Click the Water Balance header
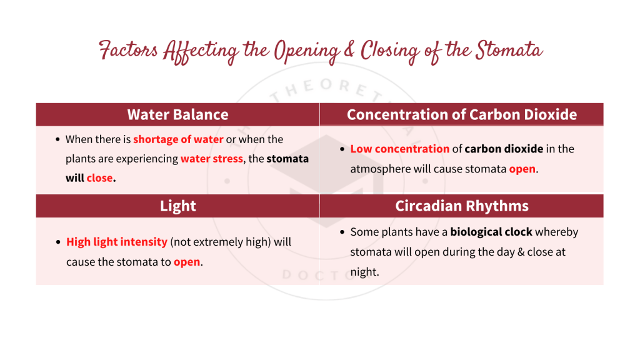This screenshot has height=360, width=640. pyautogui.click(x=177, y=114)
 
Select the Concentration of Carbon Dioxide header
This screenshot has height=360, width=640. pyautogui.click(x=461, y=114)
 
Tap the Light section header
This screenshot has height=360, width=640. pyautogui.click(x=177, y=206)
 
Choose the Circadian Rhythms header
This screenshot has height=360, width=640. pyautogui.click(x=461, y=206)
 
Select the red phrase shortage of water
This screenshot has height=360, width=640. pyautogui.click(x=178, y=139)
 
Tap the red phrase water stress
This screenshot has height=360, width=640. pyautogui.click(x=211, y=159)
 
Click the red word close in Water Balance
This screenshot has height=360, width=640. pyautogui.click(x=100, y=178)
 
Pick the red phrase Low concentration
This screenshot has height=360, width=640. pyautogui.click(x=399, y=149)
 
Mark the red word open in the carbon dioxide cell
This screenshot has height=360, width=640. pyautogui.click(x=522, y=169)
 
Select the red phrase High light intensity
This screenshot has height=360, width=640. pyautogui.click(x=116, y=242)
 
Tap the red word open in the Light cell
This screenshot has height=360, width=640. pyautogui.click(x=187, y=261)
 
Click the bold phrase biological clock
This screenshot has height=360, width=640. pyautogui.click(x=491, y=232)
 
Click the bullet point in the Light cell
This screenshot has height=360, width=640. pyautogui.click(x=57, y=242)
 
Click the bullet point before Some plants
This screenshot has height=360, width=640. pyautogui.click(x=342, y=232)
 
